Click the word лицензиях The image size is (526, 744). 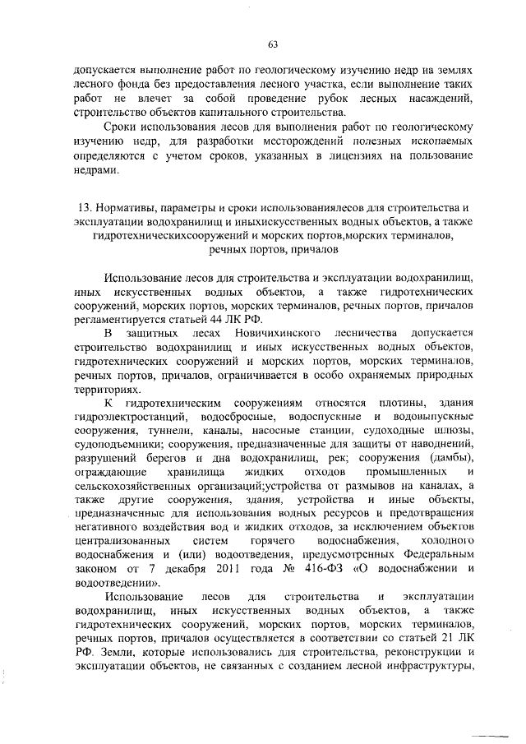point(344,157)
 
